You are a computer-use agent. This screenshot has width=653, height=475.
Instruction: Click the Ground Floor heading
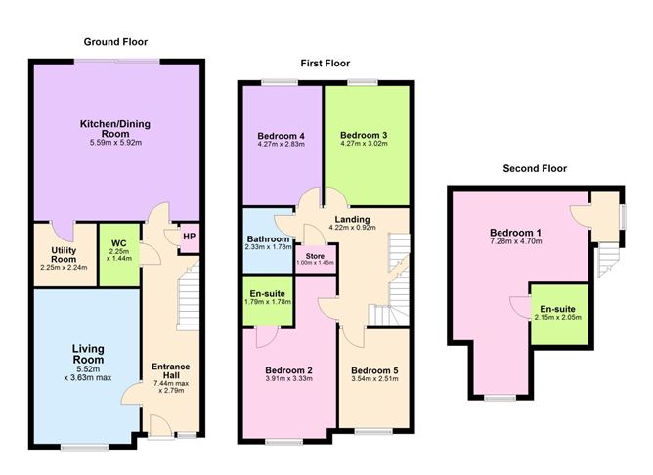coord(115,42)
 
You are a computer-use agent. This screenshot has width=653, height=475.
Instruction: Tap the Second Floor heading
coord(535,168)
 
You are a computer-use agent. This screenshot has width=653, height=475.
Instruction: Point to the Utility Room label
coord(65,251)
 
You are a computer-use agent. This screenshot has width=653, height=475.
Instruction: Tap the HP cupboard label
coord(188,236)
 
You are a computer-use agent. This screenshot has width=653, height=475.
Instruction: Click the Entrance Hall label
coord(172,372)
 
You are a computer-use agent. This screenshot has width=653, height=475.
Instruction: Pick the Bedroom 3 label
coord(365,135)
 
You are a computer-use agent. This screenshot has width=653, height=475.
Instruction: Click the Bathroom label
coord(267,239)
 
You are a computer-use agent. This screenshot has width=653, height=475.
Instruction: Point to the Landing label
coord(351,220)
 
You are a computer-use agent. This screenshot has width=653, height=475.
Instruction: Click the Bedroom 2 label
coord(289,371)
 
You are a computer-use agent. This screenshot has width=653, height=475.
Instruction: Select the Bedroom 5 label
coord(373,371)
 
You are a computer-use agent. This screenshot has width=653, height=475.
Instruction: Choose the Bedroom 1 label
coord(517,233)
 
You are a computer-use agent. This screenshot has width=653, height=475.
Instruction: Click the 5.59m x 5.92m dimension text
coord(115,143)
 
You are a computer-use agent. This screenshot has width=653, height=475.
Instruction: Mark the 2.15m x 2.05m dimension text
coord(558,319)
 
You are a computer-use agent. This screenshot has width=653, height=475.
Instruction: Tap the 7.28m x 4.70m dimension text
coord(517,244)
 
